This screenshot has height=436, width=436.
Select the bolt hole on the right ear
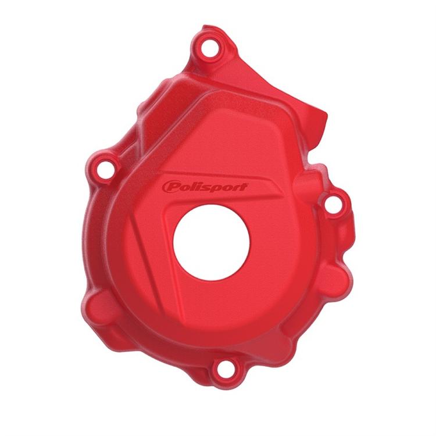tap(333, 204)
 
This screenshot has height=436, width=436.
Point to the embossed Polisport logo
tap(205, 187)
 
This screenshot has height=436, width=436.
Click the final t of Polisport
tap(242, 187)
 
